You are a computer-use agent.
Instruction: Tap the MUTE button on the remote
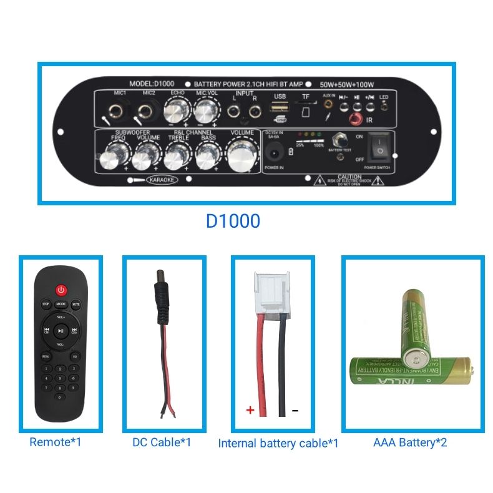[76, 305]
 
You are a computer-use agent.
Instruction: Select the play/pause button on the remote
[61, 331]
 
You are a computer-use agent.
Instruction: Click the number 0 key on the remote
[60, 397]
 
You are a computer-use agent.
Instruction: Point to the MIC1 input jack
[116, 113]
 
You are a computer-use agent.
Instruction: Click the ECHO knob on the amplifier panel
[176, 113]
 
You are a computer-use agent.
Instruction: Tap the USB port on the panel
[279, 109]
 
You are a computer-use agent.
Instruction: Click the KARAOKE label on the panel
[162, 180]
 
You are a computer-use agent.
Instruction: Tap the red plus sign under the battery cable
[250, 410]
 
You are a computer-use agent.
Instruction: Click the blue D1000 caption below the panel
[233, 222]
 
